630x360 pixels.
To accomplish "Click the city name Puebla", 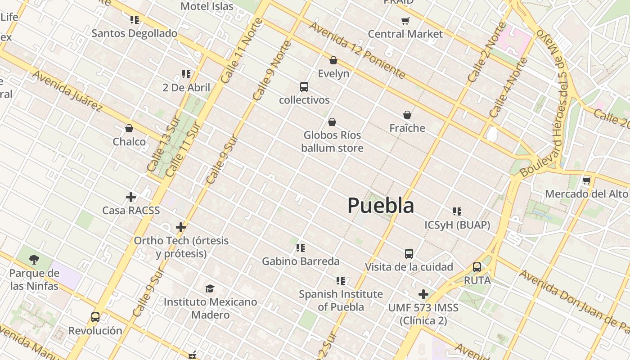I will point(381,206).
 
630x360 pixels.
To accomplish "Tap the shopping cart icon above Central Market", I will point(405,21).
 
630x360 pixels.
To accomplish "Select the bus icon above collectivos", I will point(304,87).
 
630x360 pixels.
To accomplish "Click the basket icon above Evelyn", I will point(333,60).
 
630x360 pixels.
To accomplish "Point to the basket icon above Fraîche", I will point(407,115).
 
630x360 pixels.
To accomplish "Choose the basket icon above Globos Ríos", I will point(332,122).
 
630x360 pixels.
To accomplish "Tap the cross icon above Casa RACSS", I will point(131,197).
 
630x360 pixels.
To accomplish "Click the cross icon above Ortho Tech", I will point(181,227).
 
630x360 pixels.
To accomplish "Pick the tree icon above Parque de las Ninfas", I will point(34,259).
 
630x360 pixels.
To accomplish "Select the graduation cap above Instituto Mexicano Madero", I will point(210,288).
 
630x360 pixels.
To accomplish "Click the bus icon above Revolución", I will point(95,317).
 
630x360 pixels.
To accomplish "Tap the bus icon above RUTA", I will point(477,267).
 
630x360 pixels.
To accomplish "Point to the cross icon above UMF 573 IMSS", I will point(423,294).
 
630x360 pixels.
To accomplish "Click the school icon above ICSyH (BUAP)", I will point(457,211).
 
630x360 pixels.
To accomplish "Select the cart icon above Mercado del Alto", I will point(586,181).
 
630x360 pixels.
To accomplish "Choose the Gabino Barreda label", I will point(301,261).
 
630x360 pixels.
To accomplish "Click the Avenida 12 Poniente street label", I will point(357,50).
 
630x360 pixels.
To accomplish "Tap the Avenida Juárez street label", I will point(67,90).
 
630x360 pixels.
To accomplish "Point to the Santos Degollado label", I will point(135,33).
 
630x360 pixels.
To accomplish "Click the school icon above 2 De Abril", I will point(186,74).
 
